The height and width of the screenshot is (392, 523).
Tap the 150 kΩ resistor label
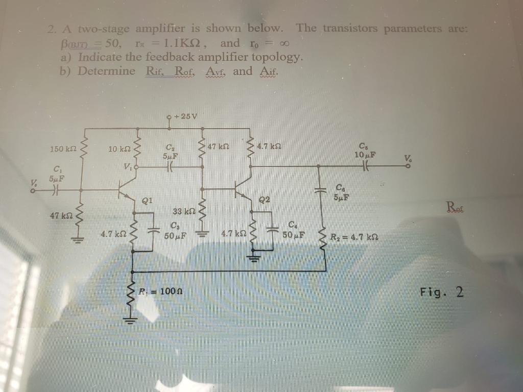[x=63, y=149]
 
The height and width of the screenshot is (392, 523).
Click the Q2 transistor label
[x=265, y=200]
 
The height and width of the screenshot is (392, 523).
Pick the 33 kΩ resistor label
[x=182, y=211]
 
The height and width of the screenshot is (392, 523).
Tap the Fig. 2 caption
[x=442, y=292]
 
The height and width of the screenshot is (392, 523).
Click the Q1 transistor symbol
[x=127, y=189]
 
